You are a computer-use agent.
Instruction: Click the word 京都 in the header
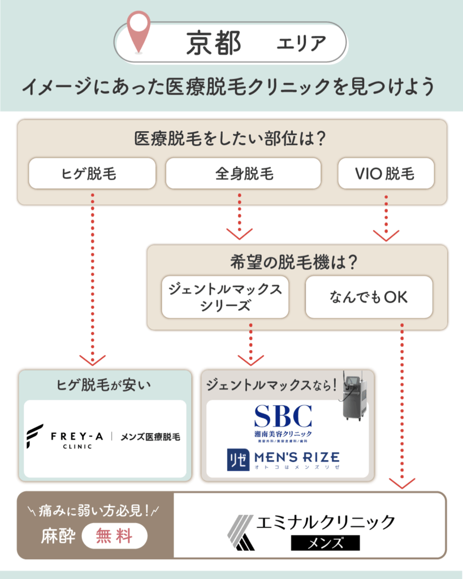[x=213, y=44]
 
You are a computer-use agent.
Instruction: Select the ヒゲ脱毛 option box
[x=92, y=174]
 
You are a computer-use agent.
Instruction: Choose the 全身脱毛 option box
[x=243, y=174]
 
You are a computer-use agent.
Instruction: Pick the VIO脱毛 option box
[x=386, y=174]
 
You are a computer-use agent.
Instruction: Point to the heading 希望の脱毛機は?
[x=297, y=262]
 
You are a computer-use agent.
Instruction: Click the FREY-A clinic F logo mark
[x=34, y=437]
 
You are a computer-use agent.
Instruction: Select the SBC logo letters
[x=283, y=416]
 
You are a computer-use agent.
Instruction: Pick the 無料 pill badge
[x=115, y=535]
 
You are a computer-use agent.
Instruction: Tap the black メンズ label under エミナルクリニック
[x=325, y=543]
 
